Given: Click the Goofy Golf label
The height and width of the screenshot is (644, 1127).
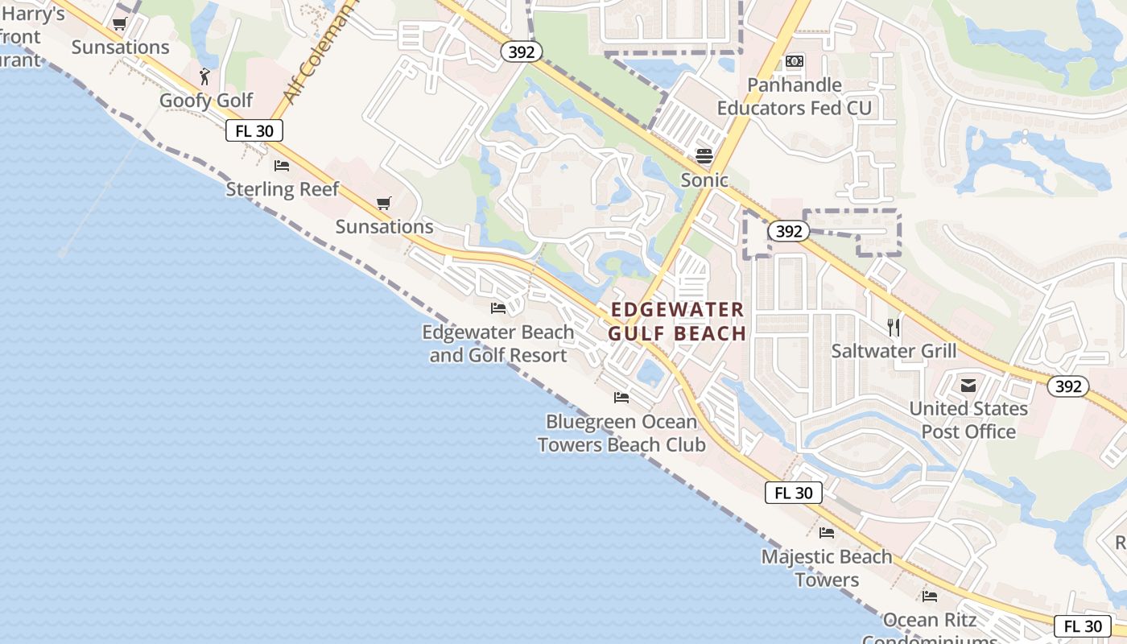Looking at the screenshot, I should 206,101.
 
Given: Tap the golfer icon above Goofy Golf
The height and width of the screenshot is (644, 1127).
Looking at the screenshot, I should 204,77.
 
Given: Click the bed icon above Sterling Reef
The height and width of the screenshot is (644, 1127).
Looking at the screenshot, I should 282,166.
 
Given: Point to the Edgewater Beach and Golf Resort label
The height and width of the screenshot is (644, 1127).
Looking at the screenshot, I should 498,344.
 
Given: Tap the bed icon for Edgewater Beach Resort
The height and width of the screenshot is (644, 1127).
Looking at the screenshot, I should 498,308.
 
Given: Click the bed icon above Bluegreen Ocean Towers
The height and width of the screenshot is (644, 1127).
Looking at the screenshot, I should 621,398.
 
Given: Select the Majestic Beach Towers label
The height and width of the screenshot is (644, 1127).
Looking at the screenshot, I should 827,568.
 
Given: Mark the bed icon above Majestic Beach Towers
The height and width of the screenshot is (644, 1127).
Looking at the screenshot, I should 827,533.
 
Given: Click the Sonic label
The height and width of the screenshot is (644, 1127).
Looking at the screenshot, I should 704,180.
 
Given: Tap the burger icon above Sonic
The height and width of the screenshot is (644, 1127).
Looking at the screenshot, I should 704,155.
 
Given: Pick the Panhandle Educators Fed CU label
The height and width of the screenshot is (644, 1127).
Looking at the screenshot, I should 794,97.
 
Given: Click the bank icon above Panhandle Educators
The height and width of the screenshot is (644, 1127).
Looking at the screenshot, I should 795,61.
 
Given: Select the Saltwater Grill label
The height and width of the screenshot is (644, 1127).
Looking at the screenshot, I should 894,351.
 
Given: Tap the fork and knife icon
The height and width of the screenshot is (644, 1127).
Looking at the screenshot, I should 894,327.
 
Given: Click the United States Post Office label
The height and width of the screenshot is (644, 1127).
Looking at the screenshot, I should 968,419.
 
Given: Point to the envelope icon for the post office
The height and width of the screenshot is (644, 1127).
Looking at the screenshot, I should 968,386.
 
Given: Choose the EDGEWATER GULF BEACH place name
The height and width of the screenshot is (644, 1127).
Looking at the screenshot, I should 678,321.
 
